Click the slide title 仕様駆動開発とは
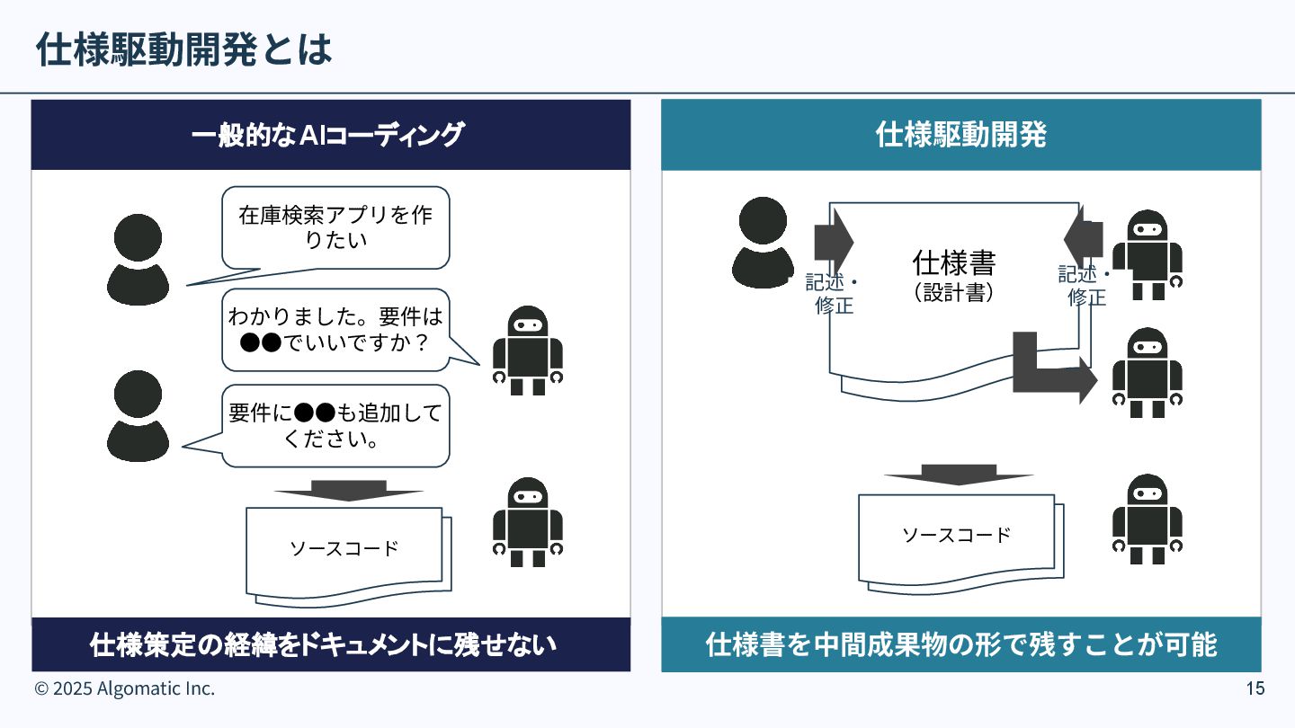pos(184,50)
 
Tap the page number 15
pos(1255,689)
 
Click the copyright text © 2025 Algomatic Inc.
pos(125,689)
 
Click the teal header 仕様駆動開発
pos(960,135)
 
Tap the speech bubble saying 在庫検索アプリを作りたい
pos(335,227)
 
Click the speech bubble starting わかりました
pos(335,330)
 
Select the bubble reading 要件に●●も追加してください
pos(335,426)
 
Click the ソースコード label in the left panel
pos(344,548)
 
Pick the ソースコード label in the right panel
pos(957,536)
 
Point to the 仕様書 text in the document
pos(954,263)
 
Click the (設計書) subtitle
pos(954,293)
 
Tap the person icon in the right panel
pos(763,242)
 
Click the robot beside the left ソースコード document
pos(527,521)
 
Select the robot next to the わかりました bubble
pos(527,351)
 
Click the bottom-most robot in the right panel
pos(1147,519)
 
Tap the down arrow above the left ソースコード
pos(348,491)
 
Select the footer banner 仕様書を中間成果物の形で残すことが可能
pos(960,644)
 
